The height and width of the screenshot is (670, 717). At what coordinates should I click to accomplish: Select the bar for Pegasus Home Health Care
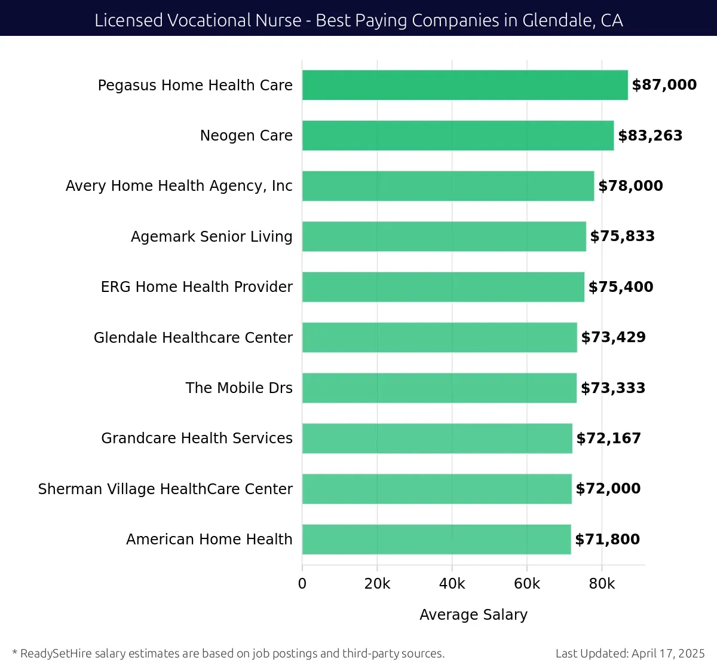click(x=465, y=85)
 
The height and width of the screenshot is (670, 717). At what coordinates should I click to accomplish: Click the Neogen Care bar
click(x=458, y=135)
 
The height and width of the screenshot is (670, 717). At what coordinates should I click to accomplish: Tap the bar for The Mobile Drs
click(x=439, y=388)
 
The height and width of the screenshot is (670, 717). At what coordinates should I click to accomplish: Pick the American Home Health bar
click(x=436, y=539)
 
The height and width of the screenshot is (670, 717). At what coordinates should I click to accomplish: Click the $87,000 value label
click(x=664, y=85)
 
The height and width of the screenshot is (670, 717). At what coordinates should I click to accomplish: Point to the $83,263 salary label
click(x=650, y=136)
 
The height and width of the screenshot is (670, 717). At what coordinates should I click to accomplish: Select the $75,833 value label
click(x=623, y=236)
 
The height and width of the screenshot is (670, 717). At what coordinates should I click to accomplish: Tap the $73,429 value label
click(x=614, y=337)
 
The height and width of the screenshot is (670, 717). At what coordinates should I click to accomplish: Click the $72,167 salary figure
click(x=609, y=438)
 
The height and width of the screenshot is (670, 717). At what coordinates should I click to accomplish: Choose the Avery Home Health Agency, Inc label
click(x=179, y=186)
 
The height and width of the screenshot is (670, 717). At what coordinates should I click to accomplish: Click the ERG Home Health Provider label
click(x=197, y=287)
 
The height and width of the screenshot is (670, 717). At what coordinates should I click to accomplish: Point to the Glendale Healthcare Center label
click(x=193, y=337)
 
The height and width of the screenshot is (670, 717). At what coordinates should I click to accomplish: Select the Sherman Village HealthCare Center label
click(x=166, y=489)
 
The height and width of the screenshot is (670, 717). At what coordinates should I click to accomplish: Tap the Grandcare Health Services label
click(x=197, y=438)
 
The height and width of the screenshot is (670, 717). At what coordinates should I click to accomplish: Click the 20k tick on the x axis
click(x=377, y=584)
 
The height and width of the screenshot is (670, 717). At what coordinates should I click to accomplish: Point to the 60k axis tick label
click(x=527, y=584)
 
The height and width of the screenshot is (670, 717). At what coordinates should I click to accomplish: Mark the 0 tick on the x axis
click(x=302, y=584)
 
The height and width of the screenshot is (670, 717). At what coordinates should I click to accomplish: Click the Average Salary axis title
click(x=473, y=614)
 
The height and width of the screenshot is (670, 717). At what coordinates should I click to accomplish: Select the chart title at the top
click(x=358, y=20)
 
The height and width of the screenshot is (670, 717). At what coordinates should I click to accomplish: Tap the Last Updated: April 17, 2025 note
click(x=630, y=653)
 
